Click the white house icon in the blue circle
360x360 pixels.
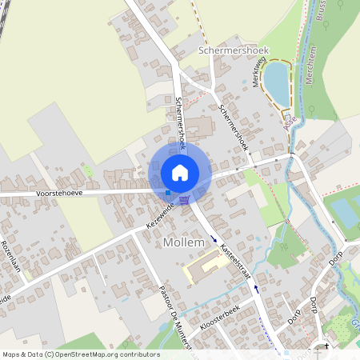point(180,173)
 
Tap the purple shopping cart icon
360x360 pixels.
point(185,199)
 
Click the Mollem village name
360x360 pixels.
point(184,242)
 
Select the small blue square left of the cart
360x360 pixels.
point(167,192)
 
